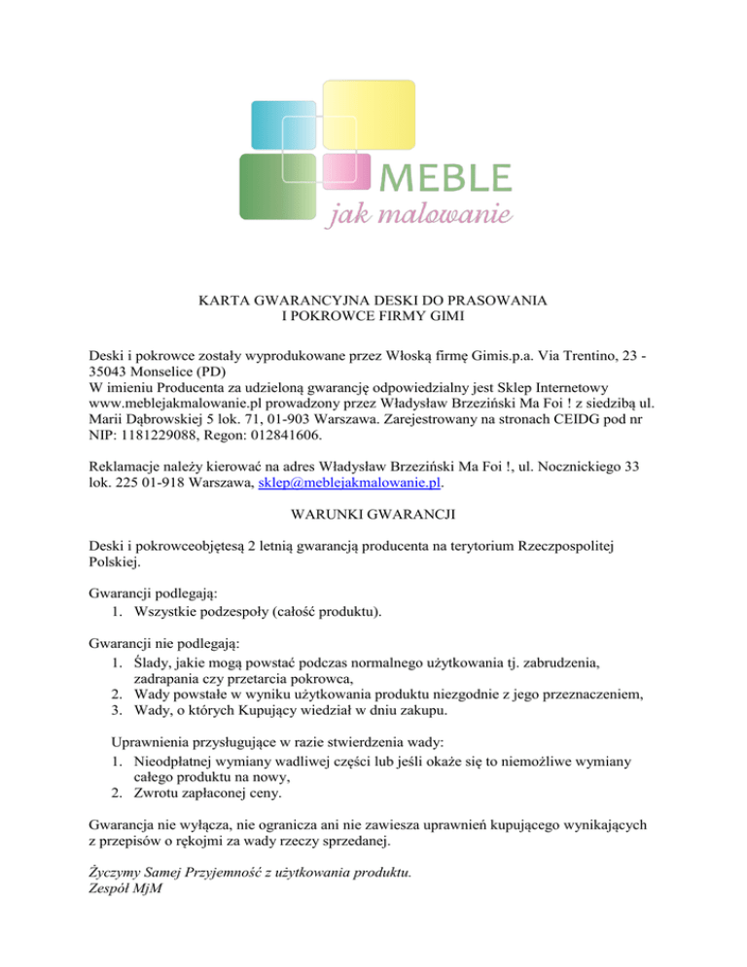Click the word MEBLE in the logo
pyautogui.click(x=444, y=178)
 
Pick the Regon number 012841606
pyautogui.click(x=252, y=438)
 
